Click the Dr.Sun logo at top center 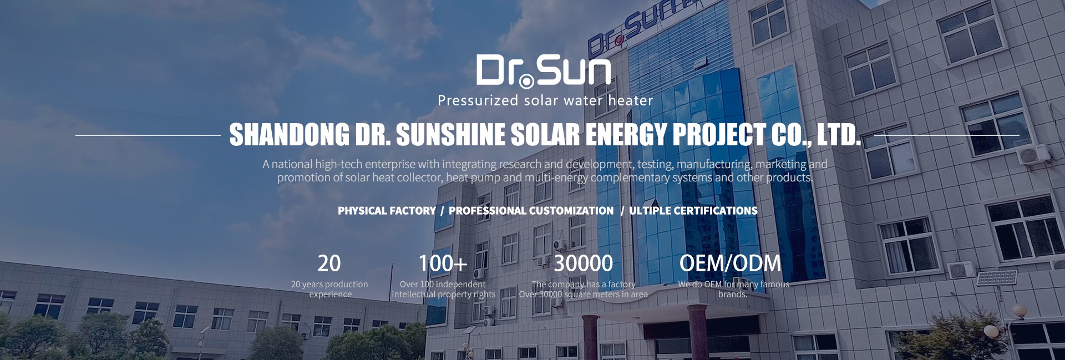(544, 72)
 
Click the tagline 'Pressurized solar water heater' (545, 100)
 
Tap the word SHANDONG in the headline (290, 135)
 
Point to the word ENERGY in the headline (626, 135)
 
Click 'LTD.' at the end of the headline (841, 135)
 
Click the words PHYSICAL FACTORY (387, 211)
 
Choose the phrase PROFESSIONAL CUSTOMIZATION (531, 211)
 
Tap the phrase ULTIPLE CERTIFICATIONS (693, 211)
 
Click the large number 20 (329, 263)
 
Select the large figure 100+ (443, 263)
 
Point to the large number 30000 (584, 263)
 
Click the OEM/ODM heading (730, 263)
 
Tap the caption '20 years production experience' (329, 289)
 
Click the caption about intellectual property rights (443, 289)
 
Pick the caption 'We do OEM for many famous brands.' (733, 289)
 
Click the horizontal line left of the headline (148, 135)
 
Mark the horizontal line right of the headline (947, 135)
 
